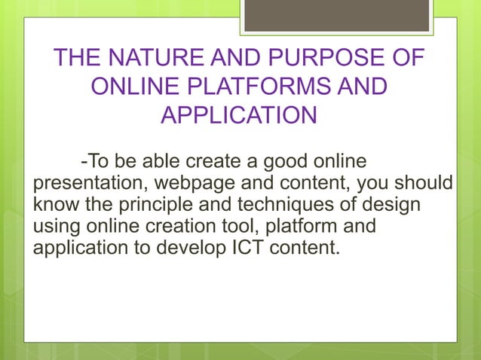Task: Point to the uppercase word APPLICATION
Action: (x=239, y=116)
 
